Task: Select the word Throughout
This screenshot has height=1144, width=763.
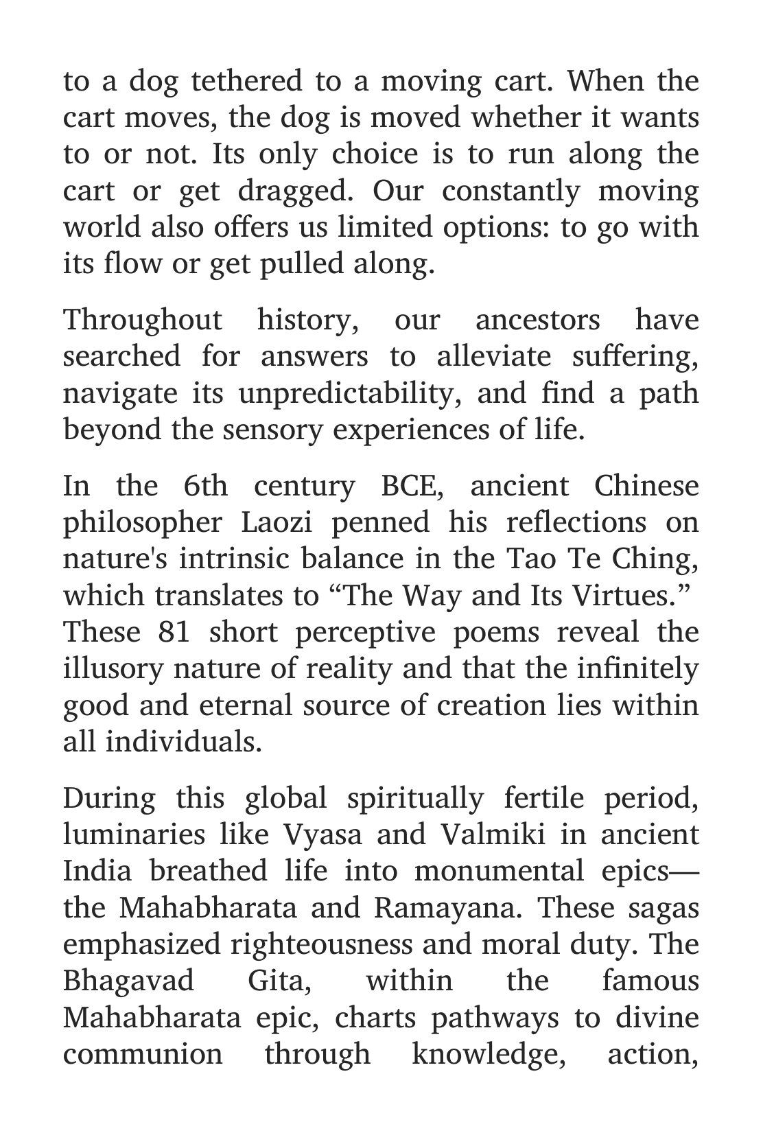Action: click(x=142, y=320)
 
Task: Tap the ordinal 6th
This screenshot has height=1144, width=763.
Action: click(x=206, y=486)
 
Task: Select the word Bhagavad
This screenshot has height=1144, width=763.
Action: click(x=129, y=981)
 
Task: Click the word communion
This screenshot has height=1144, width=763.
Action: click(x=143, y=1054)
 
